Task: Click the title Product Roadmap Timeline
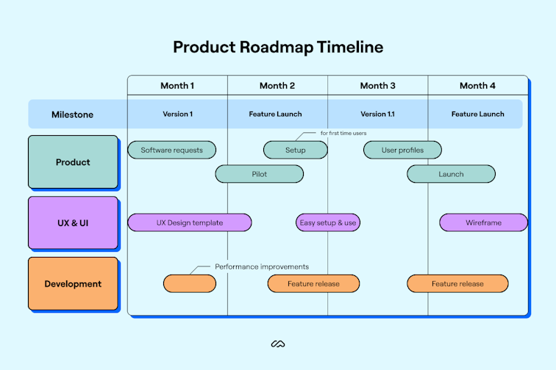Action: point(278,47)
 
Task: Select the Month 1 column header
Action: point(177,86)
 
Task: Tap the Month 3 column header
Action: point(377,86)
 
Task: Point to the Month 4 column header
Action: point(477,86)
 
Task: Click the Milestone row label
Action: point(72,115)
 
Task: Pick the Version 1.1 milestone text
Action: point(377,115)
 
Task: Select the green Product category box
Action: point(73,162)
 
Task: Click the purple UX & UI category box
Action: point(73,222)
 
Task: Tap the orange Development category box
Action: point(73,284)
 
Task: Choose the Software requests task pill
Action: point(172,150)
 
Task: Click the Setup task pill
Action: point(295,150)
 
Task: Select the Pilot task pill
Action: point(259,174)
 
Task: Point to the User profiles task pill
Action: point(403,150)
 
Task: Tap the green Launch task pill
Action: point(451,174)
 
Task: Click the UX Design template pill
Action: point(190,222)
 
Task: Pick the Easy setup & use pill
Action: point(328,222)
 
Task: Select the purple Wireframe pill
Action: point(483,222)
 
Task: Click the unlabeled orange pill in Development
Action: point(190,283)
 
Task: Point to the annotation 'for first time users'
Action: point(343,134)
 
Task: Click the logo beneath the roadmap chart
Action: point(278,344)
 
